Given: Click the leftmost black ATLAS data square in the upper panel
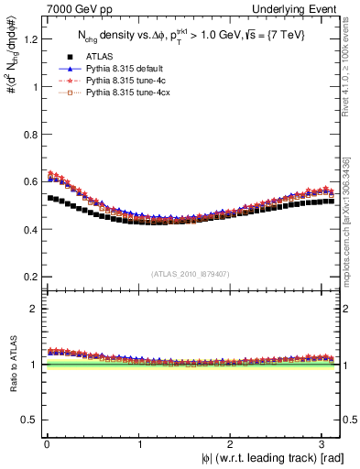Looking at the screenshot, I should coord(49,197).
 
